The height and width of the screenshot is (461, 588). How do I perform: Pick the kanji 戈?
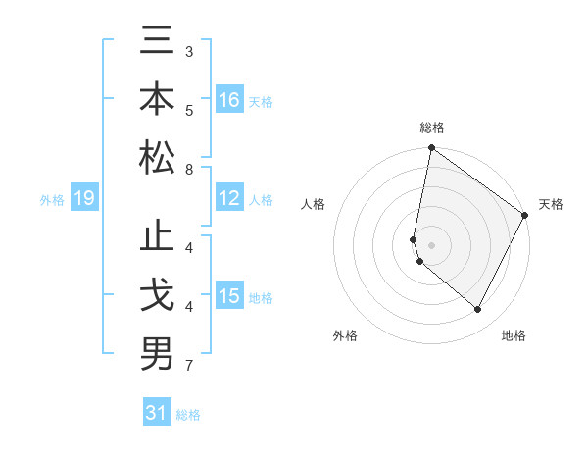click(x=157, y=296)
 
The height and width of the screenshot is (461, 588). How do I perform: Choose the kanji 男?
click(x=157, y=354)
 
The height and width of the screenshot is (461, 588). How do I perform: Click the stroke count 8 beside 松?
click(x=189, y=170)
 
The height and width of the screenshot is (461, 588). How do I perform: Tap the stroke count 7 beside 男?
click(x=189, y=367)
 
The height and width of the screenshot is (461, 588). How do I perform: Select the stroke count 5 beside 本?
click(x=189, y=111)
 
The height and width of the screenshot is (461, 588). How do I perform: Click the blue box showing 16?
click(x=229, y=99)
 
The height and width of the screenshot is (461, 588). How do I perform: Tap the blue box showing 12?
click(x=229, y=199)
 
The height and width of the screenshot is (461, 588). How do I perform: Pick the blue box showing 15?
click(x=229, y=296)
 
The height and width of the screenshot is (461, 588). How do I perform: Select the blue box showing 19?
click(x=83, y=199)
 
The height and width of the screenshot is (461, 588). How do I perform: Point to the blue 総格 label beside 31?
click(x=188, y=415)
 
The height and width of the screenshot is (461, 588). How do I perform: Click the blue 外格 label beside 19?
click(x=52, y=200)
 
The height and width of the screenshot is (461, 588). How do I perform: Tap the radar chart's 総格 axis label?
click(x=431, y=128)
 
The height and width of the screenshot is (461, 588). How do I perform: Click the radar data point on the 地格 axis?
click(x=478, y=310)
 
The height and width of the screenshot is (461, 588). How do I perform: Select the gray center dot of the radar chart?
click(x=432, y=245)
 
